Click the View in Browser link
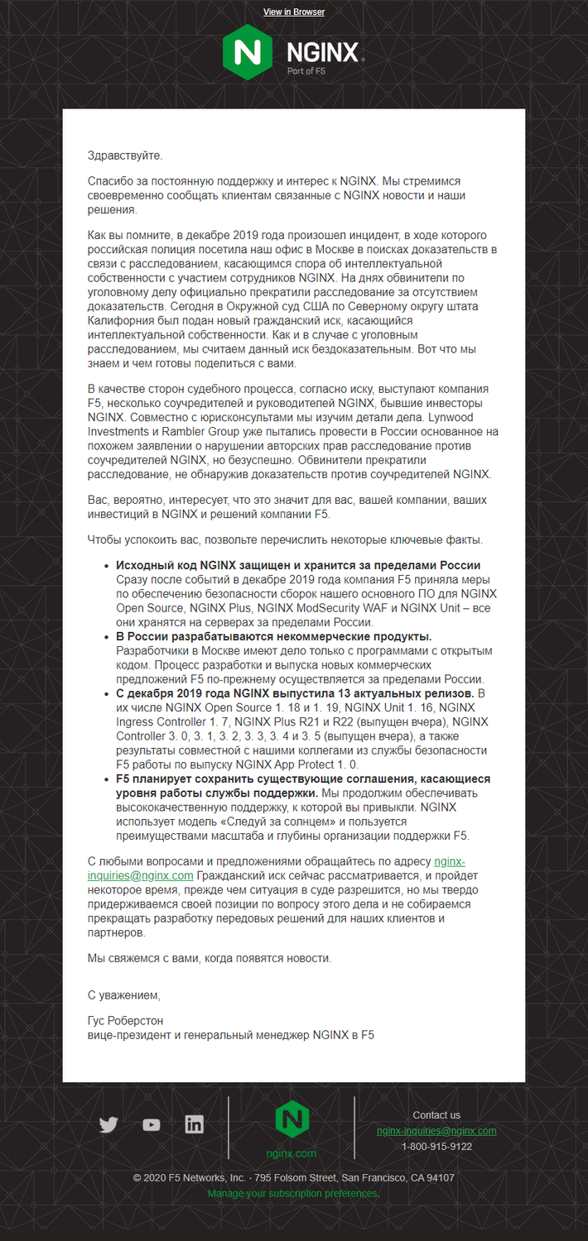click(x=294, y=12)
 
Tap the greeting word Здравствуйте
click(x=125, y=155)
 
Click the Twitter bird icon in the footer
click(x=108, y=1124)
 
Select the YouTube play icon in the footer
click(x=151, y=1124)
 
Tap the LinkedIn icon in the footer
click(x=194, y=1124)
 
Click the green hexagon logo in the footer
click(x=292, y=1119)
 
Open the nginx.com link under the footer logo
click(x=292, y=1153)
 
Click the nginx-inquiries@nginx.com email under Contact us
click(x=436, y=1131)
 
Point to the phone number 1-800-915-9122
click(x=436, y=1147)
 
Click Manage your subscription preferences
click(x=292, y=1194)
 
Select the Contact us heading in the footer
click(x=436, y=1115)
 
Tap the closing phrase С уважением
click(x=123, y=994)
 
